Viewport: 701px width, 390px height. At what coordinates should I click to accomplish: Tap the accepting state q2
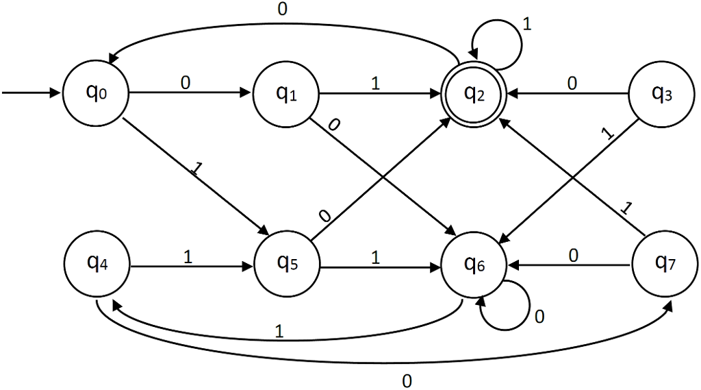click(x=474, y=93)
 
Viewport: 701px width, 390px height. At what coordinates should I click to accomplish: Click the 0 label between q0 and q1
click(x=185, y=82)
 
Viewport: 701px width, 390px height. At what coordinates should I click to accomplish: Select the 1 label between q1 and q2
click(x=374, y=82)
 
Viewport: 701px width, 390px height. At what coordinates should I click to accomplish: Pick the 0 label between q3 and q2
click(x=572, y=83)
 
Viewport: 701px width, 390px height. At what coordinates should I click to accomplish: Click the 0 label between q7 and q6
click(x=573, y=255)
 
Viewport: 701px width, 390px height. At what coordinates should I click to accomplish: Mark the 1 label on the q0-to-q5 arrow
click(x=197, y=169)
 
